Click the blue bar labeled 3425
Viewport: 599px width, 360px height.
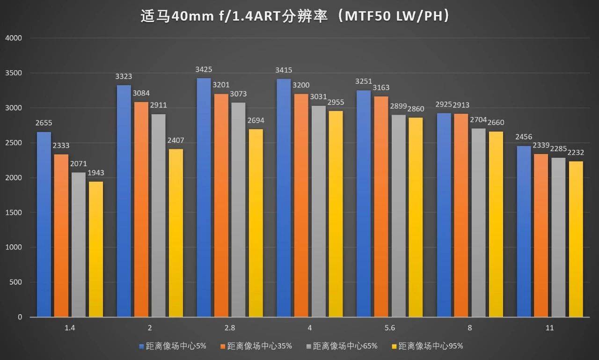204,197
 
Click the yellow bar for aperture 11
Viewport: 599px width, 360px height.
576,239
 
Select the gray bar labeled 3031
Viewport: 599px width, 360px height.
318,211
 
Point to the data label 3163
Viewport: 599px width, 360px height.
381,88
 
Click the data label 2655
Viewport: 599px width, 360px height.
44,123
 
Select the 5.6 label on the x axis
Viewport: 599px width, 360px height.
390,328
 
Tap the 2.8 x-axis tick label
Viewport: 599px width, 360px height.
230,328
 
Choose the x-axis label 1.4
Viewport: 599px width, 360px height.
70,328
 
